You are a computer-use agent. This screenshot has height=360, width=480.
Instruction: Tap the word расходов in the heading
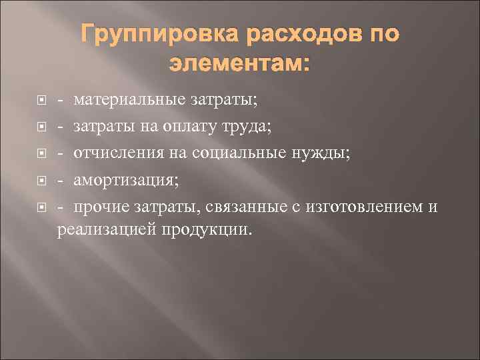297,36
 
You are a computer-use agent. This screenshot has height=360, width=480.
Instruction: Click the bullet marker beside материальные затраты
41,101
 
